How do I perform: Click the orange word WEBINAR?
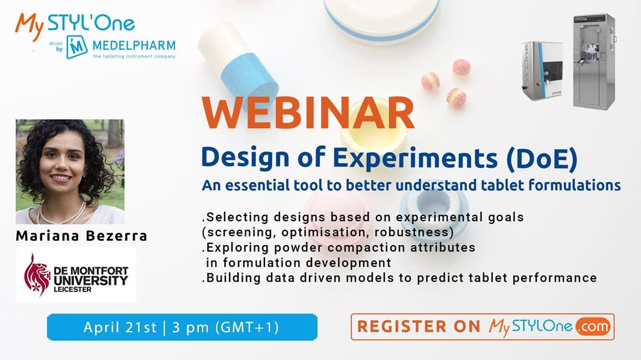308,113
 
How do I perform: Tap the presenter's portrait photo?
70,172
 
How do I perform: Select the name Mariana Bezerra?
81,236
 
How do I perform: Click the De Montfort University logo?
76,275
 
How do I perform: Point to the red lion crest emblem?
37,275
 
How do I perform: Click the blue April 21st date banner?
182,327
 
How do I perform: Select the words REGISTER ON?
419,326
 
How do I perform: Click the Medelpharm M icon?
77,47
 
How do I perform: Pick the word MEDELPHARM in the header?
134,45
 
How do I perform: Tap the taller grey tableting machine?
594,61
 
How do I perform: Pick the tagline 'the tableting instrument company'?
134,57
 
